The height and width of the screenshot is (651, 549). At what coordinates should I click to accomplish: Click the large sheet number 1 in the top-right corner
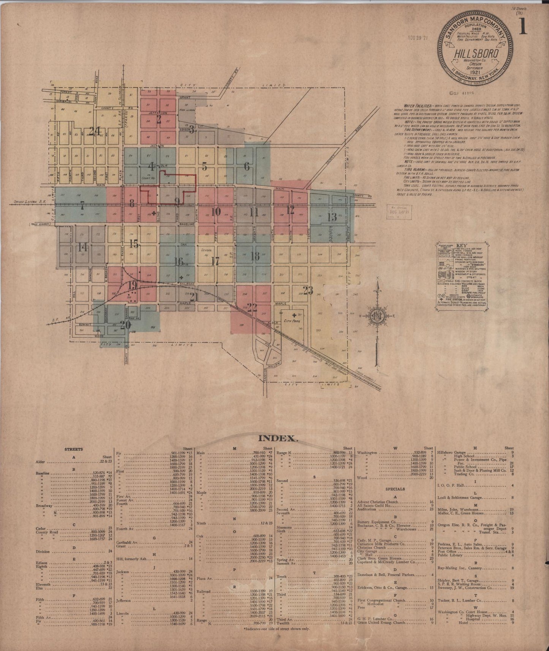coord(523,27)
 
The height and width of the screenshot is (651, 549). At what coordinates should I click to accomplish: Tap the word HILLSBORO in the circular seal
coord(476,54)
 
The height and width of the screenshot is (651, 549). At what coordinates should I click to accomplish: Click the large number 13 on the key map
coord(332,217)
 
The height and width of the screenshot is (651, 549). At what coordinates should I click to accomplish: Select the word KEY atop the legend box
coord(462,246)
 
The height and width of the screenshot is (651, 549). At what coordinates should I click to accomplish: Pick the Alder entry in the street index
coord(40,462)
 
